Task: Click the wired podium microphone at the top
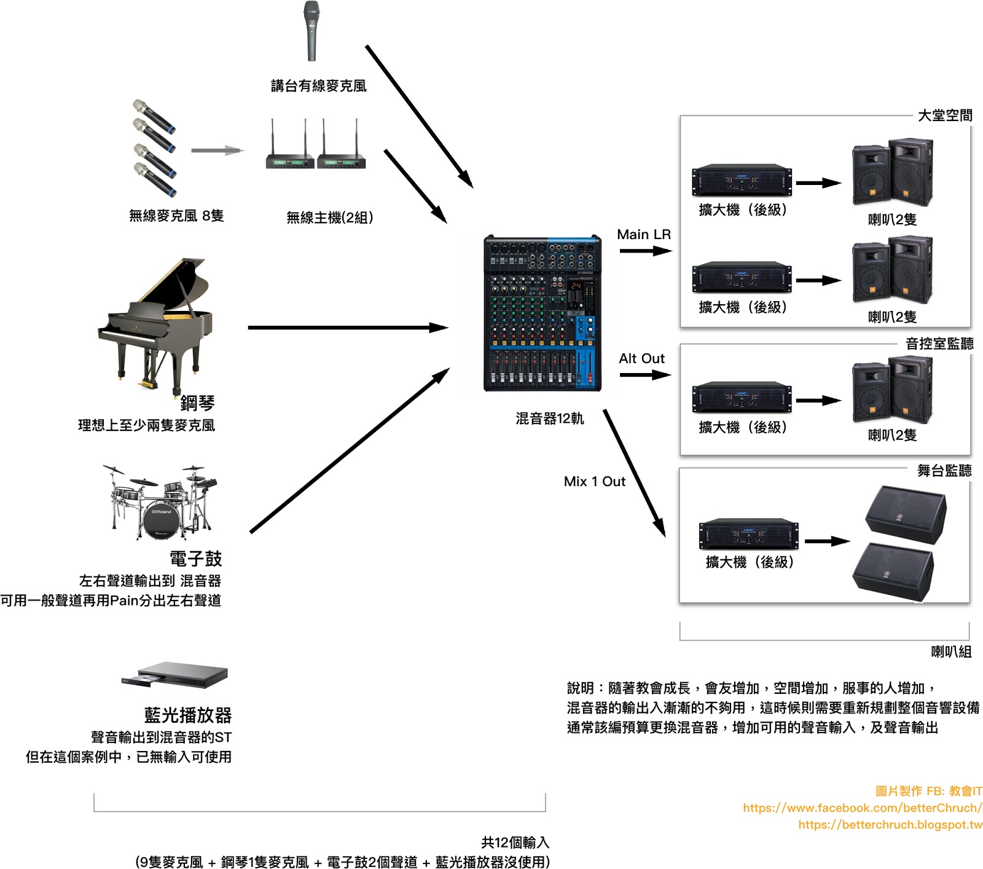pos(311,31)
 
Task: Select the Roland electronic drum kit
pos(161,502)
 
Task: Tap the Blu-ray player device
pos(175,675)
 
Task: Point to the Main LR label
pos(643,235)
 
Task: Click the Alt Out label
pos(641,358)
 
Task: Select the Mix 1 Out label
pos(594,481)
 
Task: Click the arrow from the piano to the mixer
pos(348,328)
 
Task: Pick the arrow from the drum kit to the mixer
pos(350,450)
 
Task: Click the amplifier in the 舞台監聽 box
pos(748,533)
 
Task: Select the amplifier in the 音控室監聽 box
pos(742,398)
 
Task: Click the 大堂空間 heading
pos(944,116)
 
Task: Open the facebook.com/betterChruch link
pos(862,808)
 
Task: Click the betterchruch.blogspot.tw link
pos(890,824)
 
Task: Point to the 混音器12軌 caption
pos(549,419)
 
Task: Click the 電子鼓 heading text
pos(195,559)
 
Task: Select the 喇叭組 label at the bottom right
pos(950,651)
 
